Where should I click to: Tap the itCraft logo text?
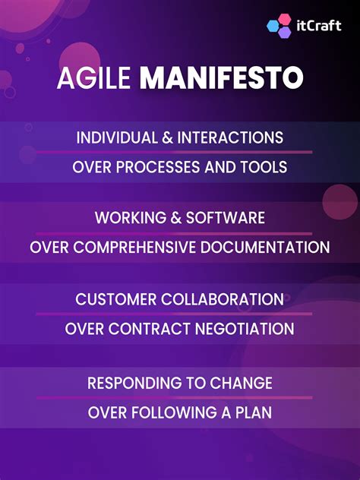click(x=320, y=25)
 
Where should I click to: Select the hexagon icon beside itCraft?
click(x=279, y=26)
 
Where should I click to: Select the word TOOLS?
click(x=265, y=167)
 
